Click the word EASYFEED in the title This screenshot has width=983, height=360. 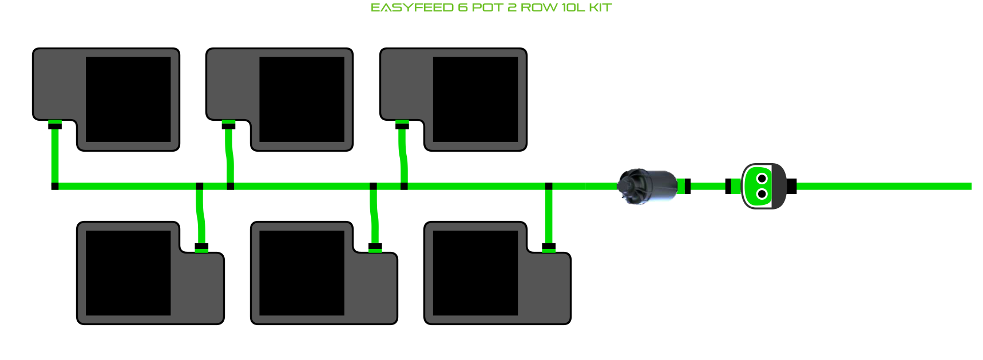(412, 8)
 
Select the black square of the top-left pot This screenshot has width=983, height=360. (128, 99)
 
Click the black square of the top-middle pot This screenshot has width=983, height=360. (302, 99)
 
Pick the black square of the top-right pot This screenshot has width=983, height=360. (475, 99)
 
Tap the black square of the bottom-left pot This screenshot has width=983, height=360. (128, 273)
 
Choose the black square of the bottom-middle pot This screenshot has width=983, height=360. (302, 273)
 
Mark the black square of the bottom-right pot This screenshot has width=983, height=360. (475, 273)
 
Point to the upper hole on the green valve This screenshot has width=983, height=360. (762, 179)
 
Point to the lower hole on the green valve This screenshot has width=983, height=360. (762, 194)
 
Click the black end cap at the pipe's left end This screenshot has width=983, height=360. (55, 186)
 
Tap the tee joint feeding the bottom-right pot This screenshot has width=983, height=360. (549, 186)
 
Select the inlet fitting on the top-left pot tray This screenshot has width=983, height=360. (55, 125)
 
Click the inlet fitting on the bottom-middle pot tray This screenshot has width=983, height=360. (375, 247)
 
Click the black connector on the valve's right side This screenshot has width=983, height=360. (791, 186)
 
